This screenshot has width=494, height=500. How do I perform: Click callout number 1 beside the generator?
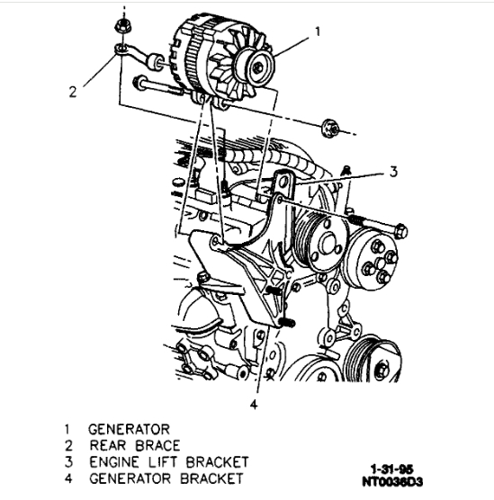pos(318,31)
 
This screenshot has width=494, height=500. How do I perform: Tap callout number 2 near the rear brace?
pos(73,92)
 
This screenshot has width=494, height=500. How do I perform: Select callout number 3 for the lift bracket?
pos(394,172)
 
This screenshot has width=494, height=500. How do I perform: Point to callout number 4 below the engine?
pos(254,405)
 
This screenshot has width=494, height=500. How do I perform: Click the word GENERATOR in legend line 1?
pos(129,429)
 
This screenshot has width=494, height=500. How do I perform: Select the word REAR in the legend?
pos(108,445)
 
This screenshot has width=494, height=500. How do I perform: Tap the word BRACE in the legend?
pos(157,445)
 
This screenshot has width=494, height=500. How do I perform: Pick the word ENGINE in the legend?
pos(114,462)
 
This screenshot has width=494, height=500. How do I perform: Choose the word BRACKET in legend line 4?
pos(211,478)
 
